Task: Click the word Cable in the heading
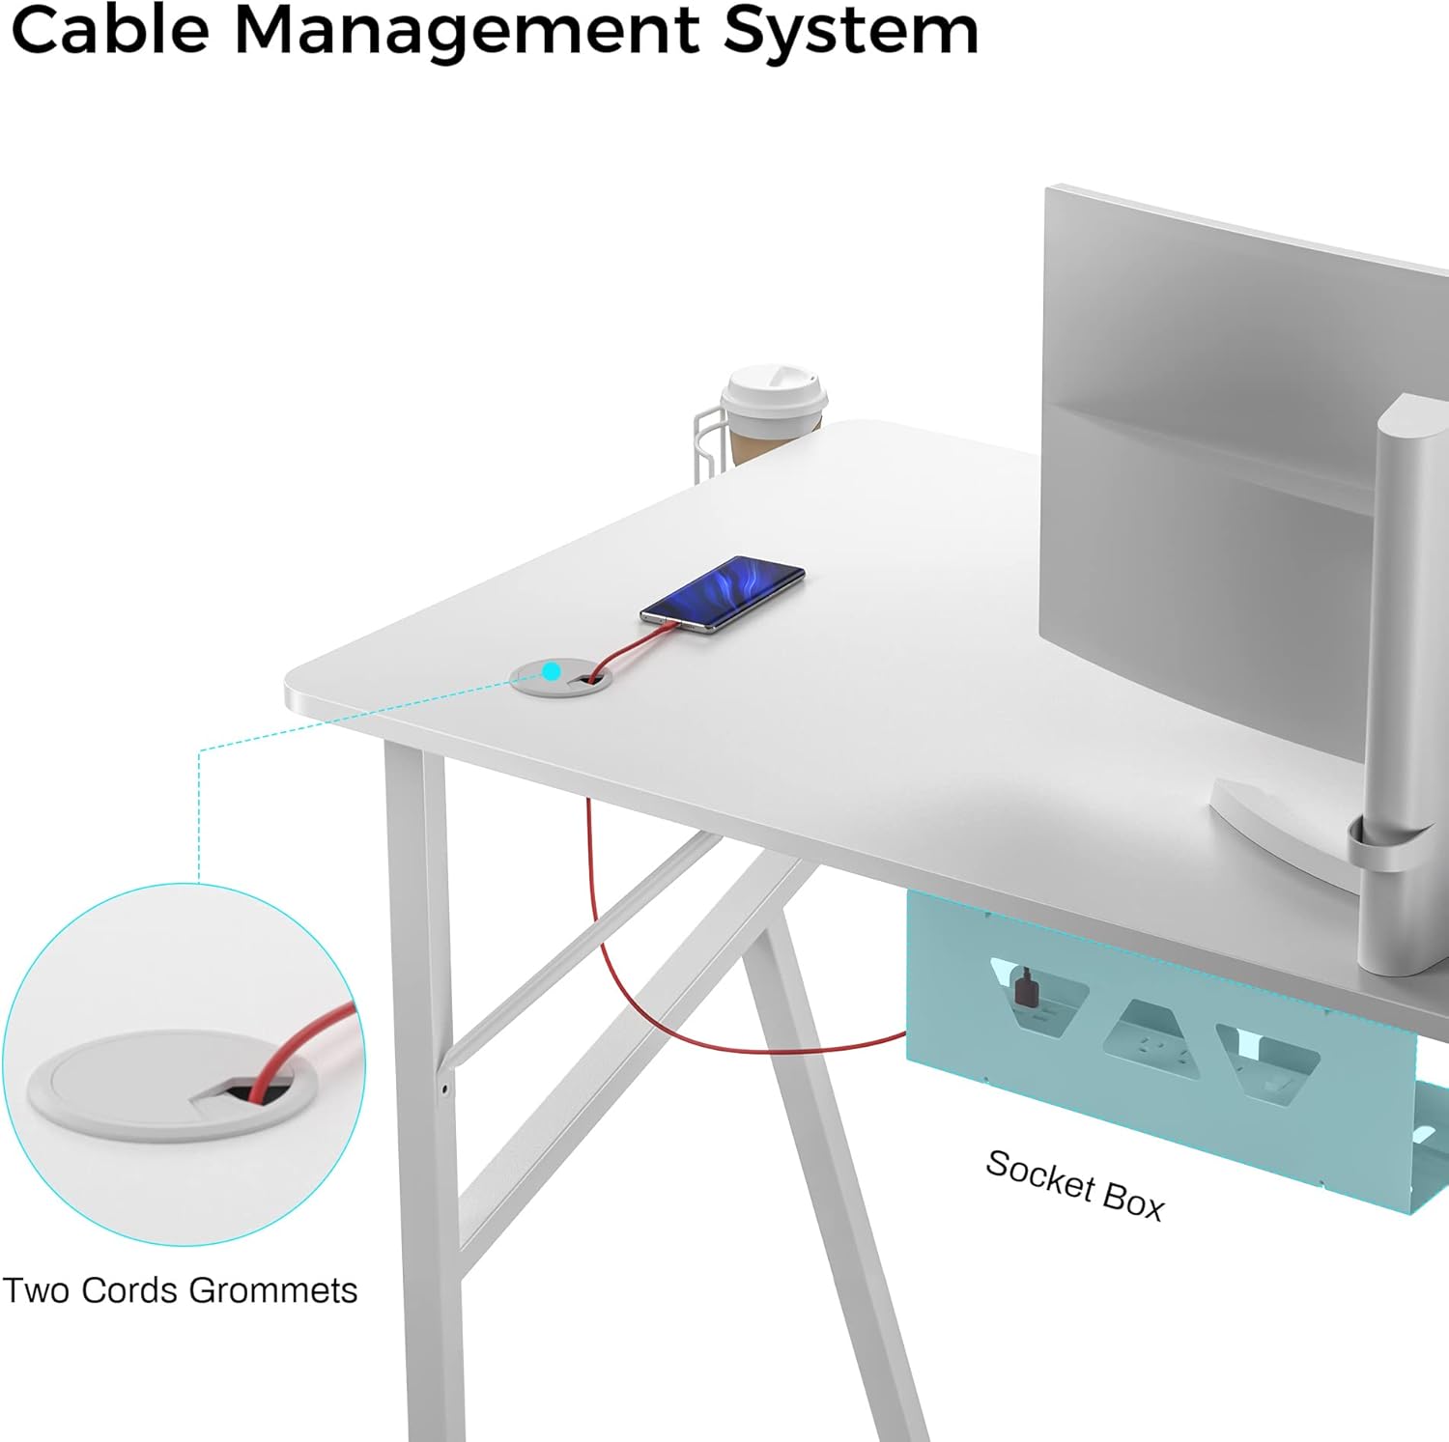click(x=109, y=30)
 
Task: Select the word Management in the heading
click(x=466, y=30)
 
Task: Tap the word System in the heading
click(x=850, y=30)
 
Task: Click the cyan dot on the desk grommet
click(x=552, y=670)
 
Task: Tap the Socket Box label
click(x=1074, y=1184)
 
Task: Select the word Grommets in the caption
click(x=272, y=1290)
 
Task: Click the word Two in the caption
click(x=37, y=1290)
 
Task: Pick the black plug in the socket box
click(x=1025, y=988)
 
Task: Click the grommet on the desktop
click(x=560, y=678)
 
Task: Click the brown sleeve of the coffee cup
click(x=758, y=440)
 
